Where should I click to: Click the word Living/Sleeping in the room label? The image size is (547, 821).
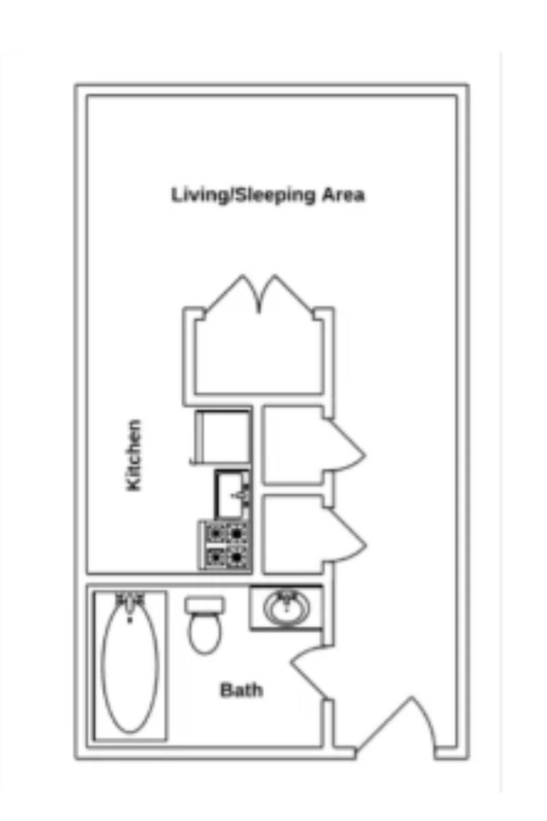[x=243, y=195]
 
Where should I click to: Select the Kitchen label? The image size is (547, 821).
[x=133, y=455]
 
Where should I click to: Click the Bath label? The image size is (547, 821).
[x=241, y=690]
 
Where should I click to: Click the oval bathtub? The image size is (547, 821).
[x=130, y=665]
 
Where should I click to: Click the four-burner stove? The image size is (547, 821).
[x=226, y=546]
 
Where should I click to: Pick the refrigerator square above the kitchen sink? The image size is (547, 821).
[x=223, y=437]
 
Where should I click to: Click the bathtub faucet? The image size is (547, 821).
[x=130, y=602]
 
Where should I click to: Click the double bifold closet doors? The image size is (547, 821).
[x=259, y=294]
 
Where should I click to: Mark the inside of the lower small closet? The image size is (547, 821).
[x=293, y=534]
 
